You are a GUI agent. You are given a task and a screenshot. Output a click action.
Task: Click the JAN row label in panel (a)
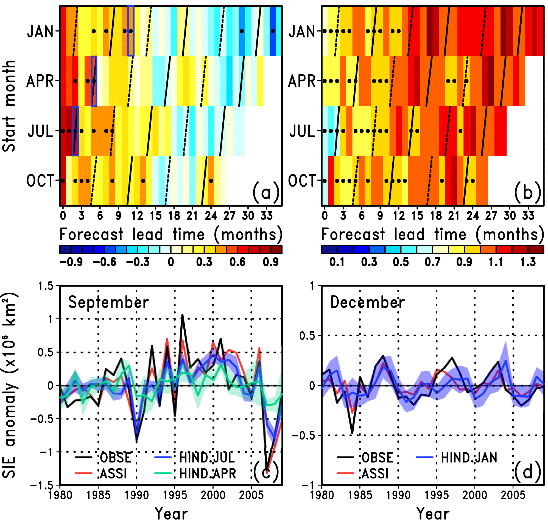(40, 32)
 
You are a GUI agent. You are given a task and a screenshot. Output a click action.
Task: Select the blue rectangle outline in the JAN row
(131, 31)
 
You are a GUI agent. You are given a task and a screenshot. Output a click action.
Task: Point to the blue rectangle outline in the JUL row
(75, 131)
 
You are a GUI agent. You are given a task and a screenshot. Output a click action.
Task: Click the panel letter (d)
(527, 472)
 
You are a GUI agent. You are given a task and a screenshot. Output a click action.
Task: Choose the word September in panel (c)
(108, 302)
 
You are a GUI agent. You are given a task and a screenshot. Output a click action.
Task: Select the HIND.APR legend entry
(208, 473)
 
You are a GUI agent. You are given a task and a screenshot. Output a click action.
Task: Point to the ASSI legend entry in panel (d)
(375, 473)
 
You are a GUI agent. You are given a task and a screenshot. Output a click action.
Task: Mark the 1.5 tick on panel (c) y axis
(46, 286)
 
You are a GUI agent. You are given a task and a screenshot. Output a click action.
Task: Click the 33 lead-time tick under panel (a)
(267, 216)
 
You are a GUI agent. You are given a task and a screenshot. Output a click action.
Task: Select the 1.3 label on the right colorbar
(528, 262)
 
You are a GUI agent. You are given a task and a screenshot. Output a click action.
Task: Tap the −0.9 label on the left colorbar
(71, 262)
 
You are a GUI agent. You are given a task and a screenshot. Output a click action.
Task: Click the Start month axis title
(9, 106)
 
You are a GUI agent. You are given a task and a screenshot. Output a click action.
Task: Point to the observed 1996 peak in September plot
(183, 315)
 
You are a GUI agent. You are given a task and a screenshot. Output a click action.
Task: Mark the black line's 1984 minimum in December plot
(352, 433)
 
